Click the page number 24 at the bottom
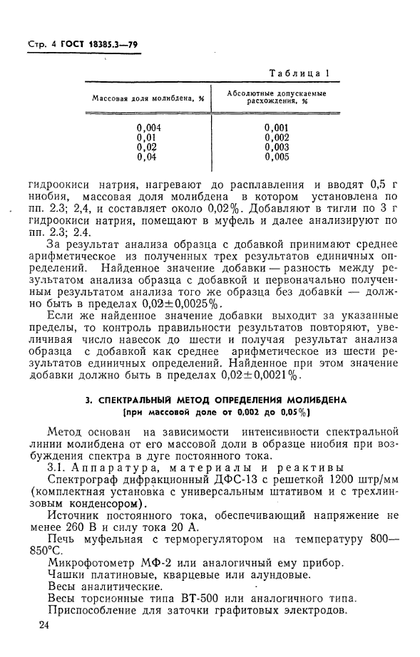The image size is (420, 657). pyautogui.click(x=45, y=625)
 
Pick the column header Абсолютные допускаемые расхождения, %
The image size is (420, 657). pyautogui.click(x=276, y=98)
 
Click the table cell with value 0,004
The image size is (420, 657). pyautogui.click(x=148, y=128)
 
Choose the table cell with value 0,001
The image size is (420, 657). pyautogui.click(x=276, y=128)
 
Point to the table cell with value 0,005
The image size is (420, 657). pyautogui.click(x=276, y=156)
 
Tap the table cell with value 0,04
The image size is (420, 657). pyautogui.click(x=147, y=156)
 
